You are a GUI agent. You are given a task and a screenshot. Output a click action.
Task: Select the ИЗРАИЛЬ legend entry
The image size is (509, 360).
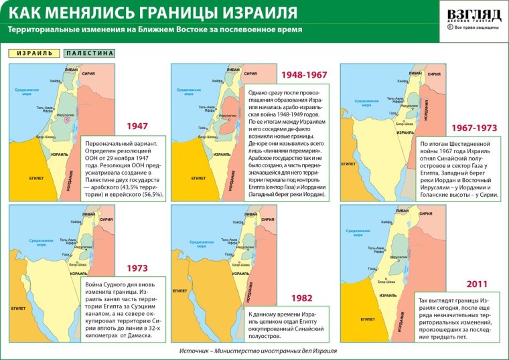coord(34,53)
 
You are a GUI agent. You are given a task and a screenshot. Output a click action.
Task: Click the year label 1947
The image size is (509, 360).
coord(137,125)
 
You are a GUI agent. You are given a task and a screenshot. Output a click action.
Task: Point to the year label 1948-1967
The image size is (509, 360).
coord(304,75)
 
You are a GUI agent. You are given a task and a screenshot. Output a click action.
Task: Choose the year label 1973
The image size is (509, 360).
coord(137,268)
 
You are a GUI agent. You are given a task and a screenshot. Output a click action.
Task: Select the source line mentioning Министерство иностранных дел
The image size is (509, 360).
coord(258,351)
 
